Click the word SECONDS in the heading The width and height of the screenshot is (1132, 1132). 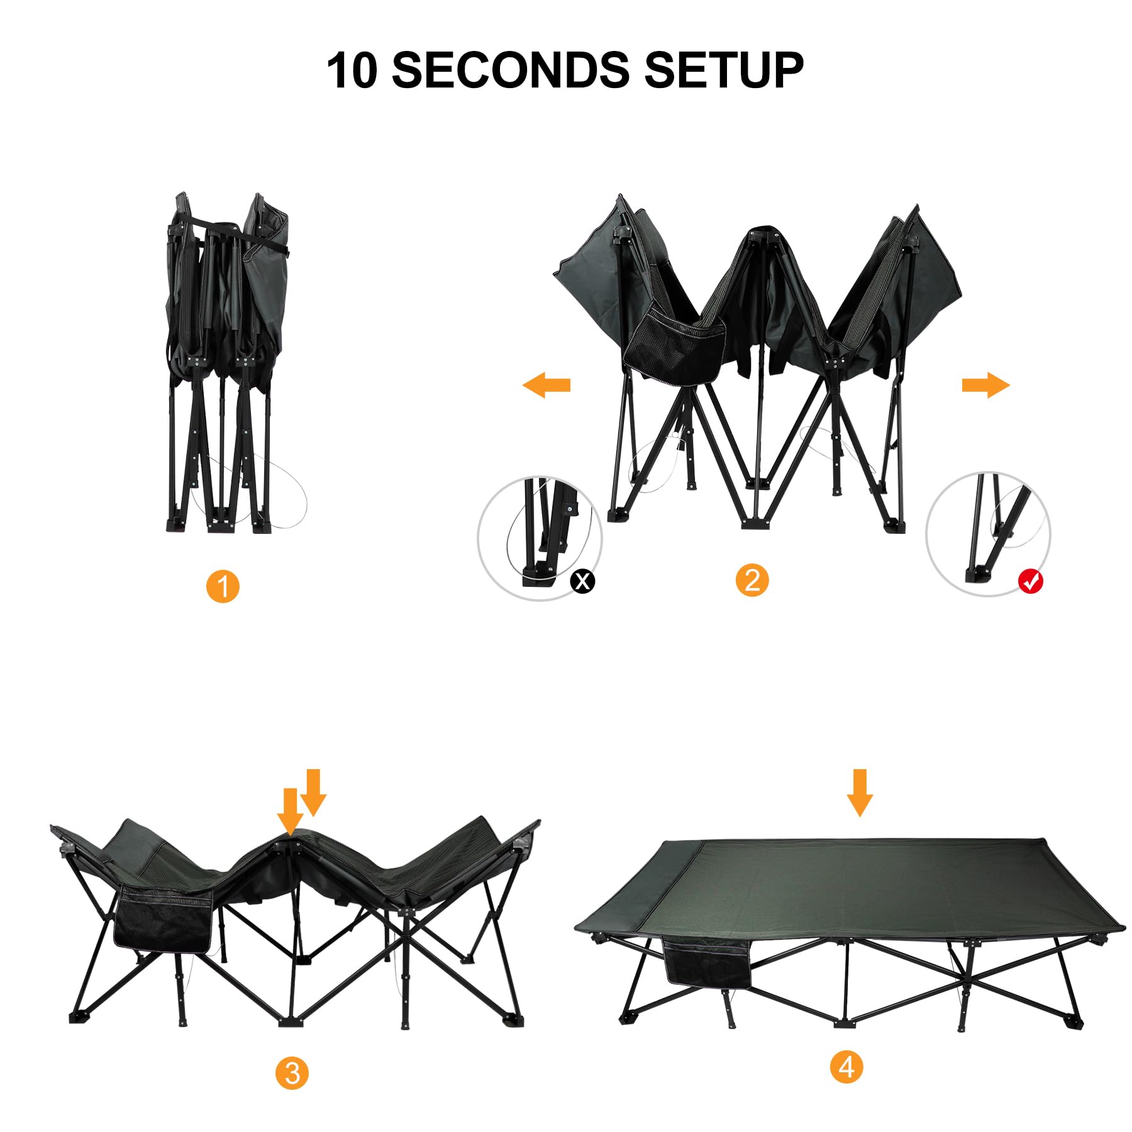tap(509, 70)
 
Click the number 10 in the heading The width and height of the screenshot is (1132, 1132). tap(352, 70)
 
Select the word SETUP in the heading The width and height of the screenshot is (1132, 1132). tap(723, 70)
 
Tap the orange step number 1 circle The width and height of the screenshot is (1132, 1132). tap(223, 586)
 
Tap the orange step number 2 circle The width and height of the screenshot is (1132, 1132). tap(752, 580)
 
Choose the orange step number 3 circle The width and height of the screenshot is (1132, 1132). tap(292, 1073)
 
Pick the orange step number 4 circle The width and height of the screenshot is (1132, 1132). tap(846, 1067)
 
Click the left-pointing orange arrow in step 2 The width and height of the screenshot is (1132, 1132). tap(546, 384)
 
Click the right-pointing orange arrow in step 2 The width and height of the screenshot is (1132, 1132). tap(986, 384)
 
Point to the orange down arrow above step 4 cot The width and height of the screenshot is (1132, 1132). tap(860, 792)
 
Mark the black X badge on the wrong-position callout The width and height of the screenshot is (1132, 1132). tap(582, 580)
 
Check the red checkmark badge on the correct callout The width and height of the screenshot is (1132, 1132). tap(1030, 580)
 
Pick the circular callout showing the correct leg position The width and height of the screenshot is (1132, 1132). tap(988, 534)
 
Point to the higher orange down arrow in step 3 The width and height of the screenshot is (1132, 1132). tap(313, 791)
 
